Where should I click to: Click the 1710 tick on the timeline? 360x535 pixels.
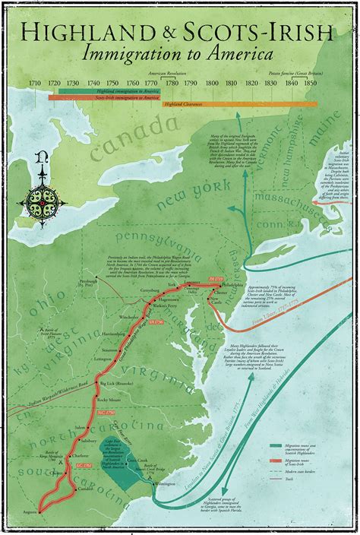pos(35,81)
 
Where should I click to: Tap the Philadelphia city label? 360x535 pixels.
pos(235,287)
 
